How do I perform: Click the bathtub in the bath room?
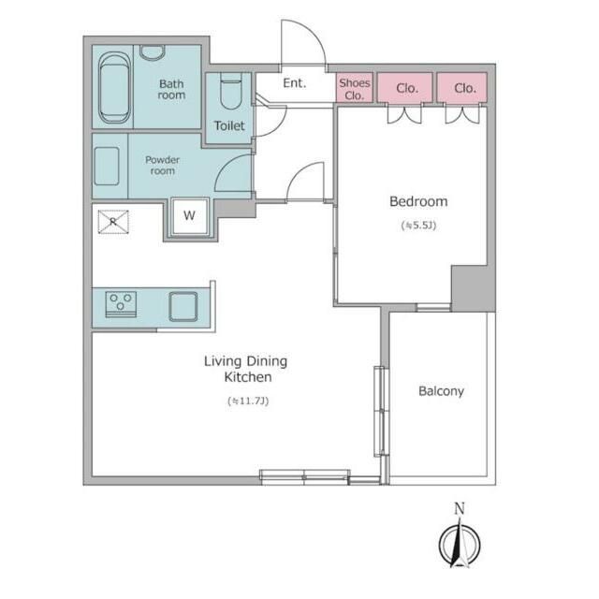coord(114,87)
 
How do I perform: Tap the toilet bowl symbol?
coord(231,91)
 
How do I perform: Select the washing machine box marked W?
coord(189,216)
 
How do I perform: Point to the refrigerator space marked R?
coord(113,222)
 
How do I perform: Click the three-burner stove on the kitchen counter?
coord(121,304)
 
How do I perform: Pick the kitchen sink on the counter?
coord(183,306)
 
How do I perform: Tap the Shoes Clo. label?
coord(355,89)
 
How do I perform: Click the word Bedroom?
coord(418,201)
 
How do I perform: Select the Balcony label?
coord(441,391)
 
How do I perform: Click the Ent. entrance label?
coord(295,83)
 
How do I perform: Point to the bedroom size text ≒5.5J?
coord(418,225)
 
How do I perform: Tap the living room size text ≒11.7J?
coord(248,401)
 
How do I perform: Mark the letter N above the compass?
coord(460,509)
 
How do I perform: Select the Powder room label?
coord(162,165)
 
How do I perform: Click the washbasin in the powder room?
coord(106,167)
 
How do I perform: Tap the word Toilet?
coord(229,125)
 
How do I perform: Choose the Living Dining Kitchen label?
coord(245,369)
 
